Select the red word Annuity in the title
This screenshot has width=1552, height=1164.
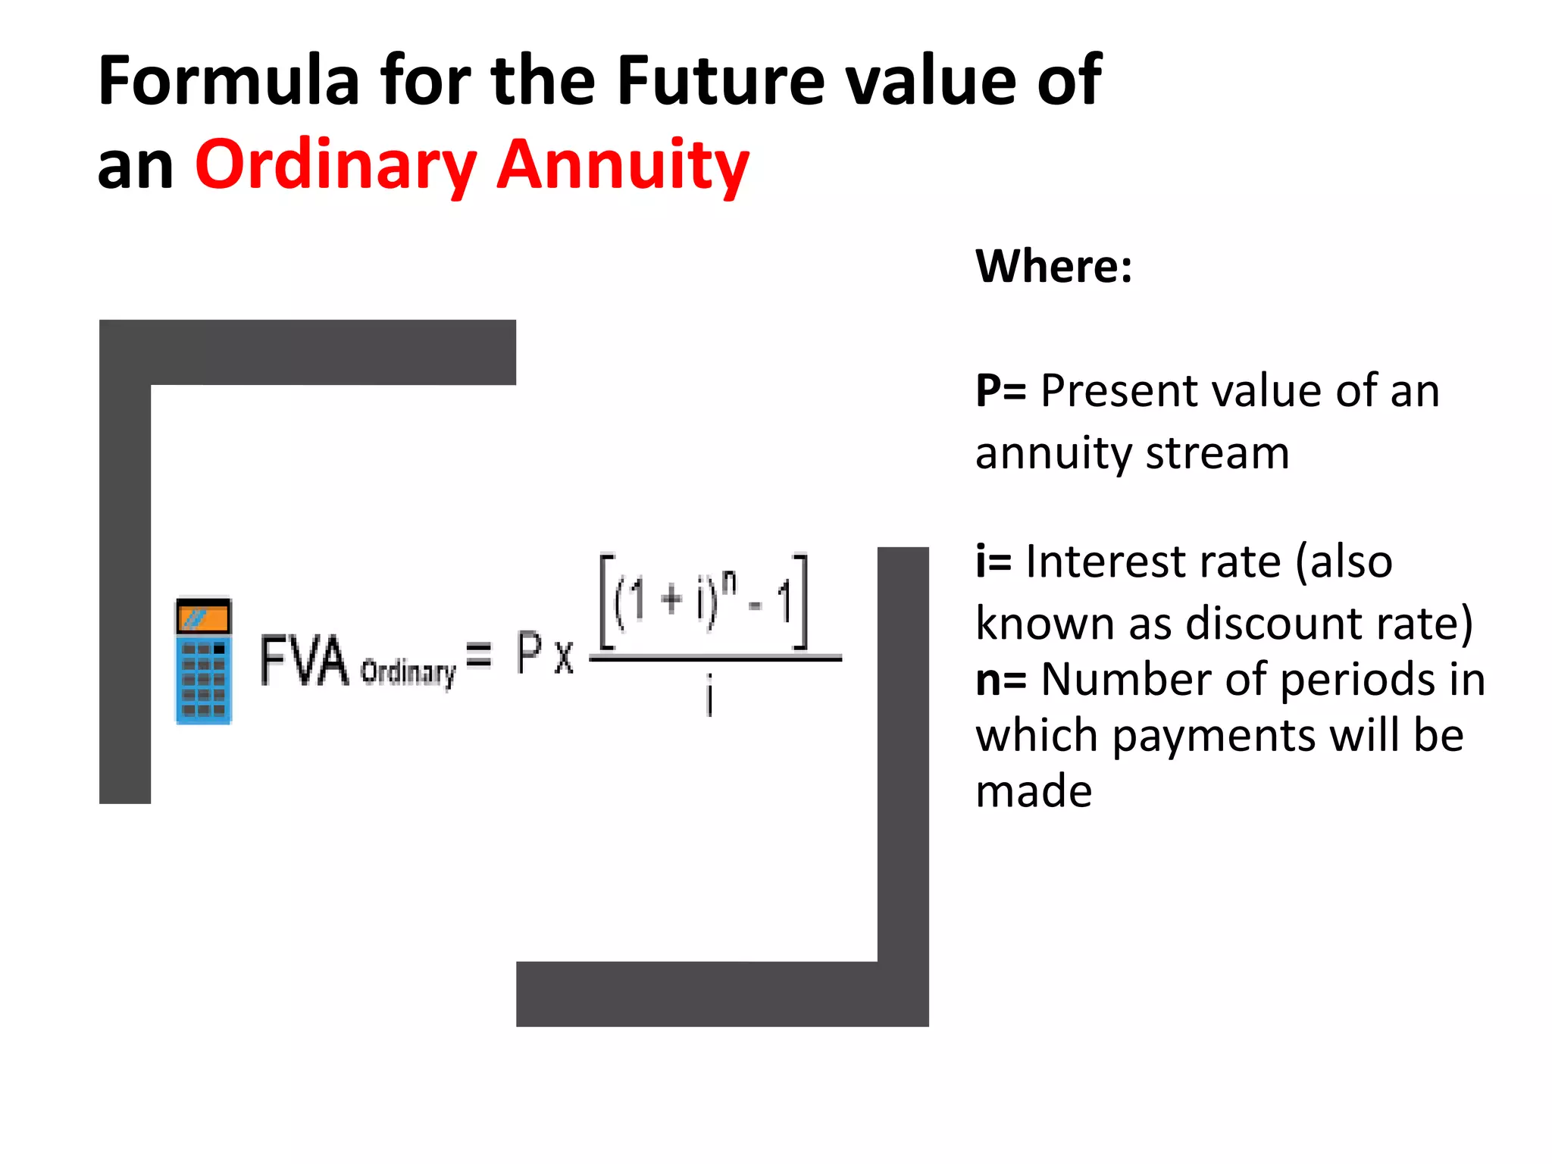[623, 165]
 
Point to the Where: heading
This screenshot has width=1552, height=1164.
[1053, 266]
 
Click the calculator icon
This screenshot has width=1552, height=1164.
[204, 662]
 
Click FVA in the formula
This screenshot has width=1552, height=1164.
[304, 662]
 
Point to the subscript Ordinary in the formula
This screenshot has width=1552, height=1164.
[408, 672]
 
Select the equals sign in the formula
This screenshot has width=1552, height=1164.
[479, 654]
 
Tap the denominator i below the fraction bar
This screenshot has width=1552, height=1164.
[709, 696]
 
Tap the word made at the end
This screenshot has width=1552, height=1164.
[1034, 792]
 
